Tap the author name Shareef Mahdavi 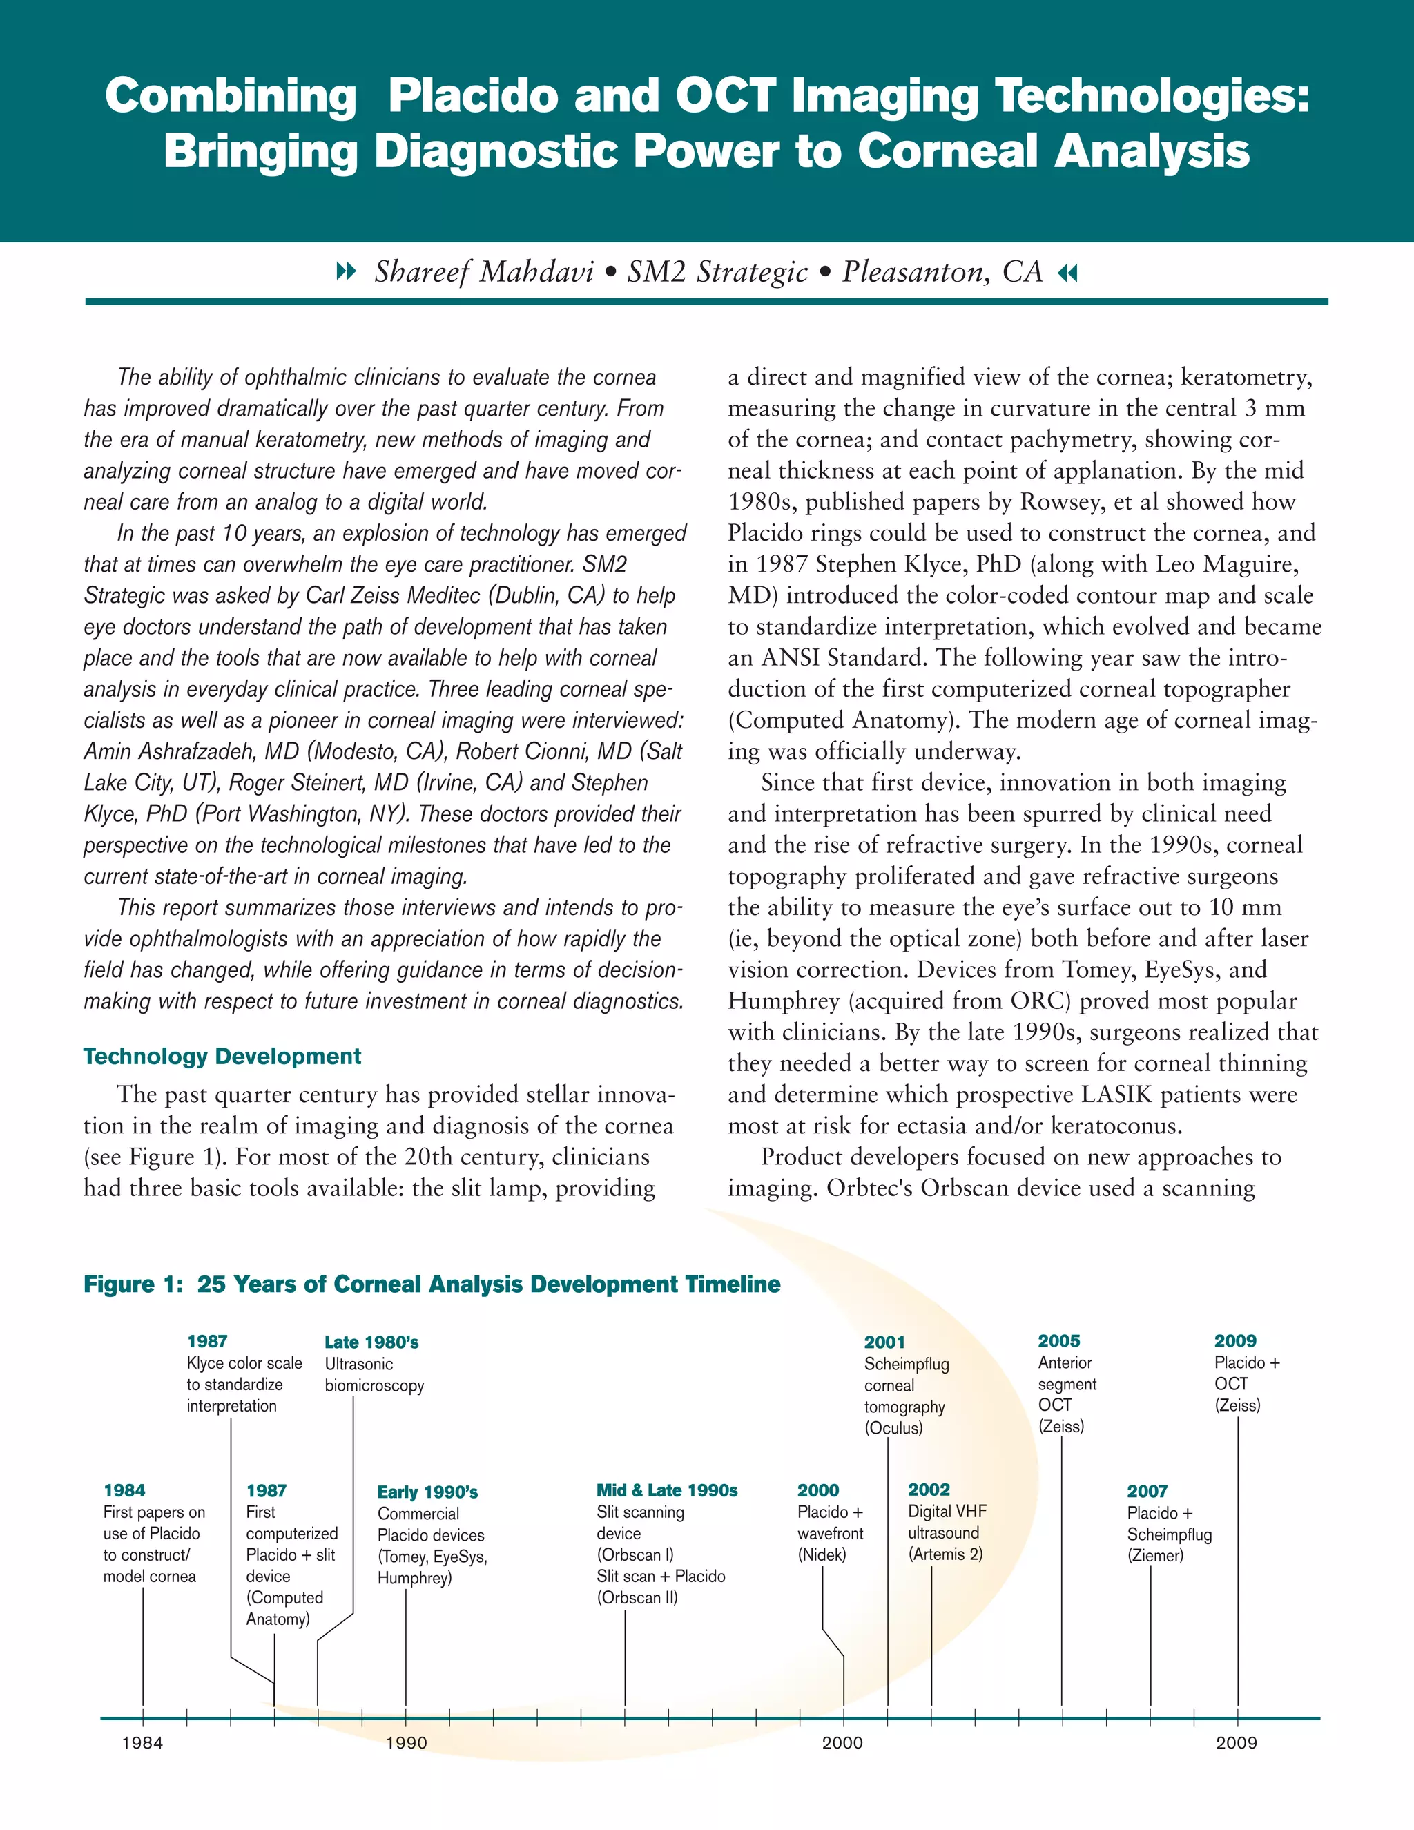click(483, 272)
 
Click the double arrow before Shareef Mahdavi click(345, 271)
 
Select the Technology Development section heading click(222, 1057)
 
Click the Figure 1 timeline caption click(432, 1284)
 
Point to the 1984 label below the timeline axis click(142, 1743)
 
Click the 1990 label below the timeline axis click(406, 1743)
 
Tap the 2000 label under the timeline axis click(842, 1743)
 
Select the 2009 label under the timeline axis click(1237, 1743)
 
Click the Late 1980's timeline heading click(371, 1342)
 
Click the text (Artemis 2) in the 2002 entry click(945, 1554)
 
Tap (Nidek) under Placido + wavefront click(822, 1555)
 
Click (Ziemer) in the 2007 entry click(1155, 1556)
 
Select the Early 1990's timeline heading click(427, 1492)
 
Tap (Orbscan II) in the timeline click(637, 1598)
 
